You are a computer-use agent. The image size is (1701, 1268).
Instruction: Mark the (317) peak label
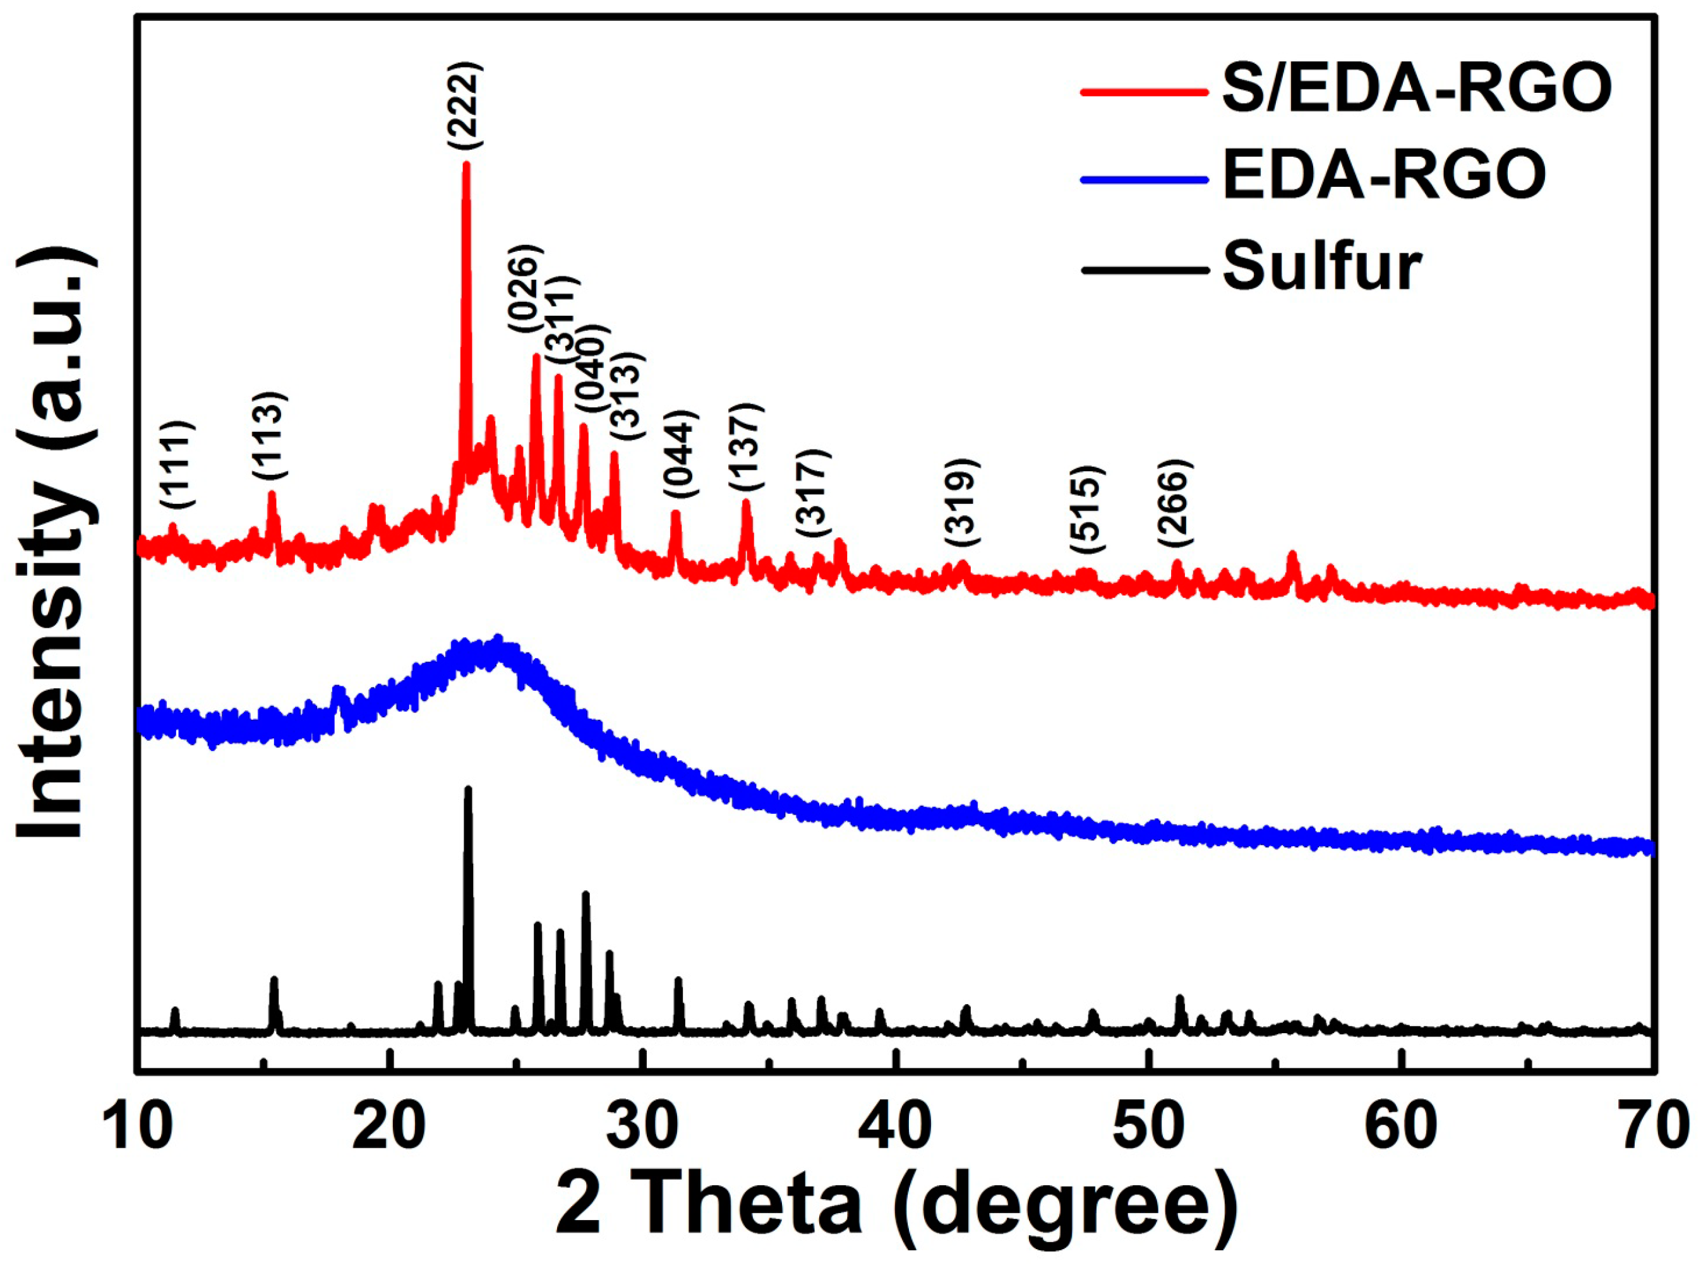[x=813, y=494]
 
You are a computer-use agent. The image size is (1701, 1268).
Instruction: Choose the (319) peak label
[x=962, y=502]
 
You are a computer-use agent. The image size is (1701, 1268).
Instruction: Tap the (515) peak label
[x=1087, y=509]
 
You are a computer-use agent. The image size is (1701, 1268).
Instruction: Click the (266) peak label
[x=1176, y=502]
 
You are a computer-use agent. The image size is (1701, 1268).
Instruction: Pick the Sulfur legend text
[x=1322, y=266]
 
